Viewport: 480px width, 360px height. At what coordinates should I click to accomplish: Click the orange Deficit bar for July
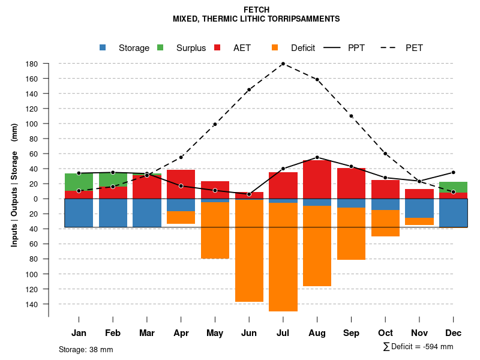pos(283,257)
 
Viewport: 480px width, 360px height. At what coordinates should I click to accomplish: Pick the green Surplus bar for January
pos(79,182)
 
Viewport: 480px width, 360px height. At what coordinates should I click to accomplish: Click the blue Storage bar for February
pos(113,212)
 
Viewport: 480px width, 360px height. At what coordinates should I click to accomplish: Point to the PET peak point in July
pos(283,64)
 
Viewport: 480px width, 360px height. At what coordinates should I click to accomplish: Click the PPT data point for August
pos(317,157)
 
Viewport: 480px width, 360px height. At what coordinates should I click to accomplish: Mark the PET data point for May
pos(215,124)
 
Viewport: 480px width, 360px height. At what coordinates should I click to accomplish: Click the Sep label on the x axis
pos(352,333)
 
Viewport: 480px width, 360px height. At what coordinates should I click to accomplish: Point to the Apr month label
pos(181,333)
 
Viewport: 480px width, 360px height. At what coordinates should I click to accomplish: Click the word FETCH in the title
pos(257,10)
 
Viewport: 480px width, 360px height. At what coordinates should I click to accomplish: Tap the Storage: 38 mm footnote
pos(86,349)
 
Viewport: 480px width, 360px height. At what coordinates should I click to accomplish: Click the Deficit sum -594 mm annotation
pos(418,347)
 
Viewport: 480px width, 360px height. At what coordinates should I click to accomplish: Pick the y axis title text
pos(14,185)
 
